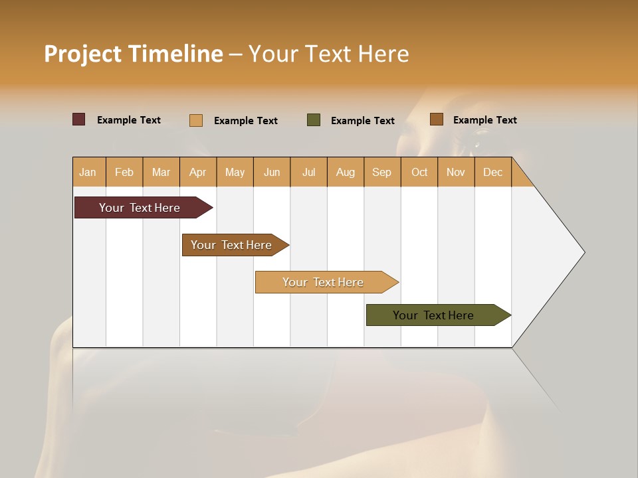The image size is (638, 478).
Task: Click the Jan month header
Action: pos(88,172)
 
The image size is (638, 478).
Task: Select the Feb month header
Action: pos(124,172)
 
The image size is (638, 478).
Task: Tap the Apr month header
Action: pos(197,172)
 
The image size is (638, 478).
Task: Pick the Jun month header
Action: pos(272,172)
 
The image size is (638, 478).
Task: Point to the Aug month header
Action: pos(345,172)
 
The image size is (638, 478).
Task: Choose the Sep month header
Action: pos(381,172)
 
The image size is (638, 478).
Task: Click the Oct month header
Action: pos(419,172)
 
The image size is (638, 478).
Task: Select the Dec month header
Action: pos(492,172)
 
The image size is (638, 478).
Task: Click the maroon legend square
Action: pos(79,119)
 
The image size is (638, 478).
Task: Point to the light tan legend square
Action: pos(196,120)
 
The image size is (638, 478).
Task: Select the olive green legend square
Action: pos(314,120)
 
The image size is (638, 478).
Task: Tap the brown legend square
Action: pos(437,119)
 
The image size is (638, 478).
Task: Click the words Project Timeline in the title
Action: pos(133,54)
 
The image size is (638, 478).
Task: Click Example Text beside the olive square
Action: pos(362,121)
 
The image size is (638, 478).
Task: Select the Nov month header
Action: pos(456,172)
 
